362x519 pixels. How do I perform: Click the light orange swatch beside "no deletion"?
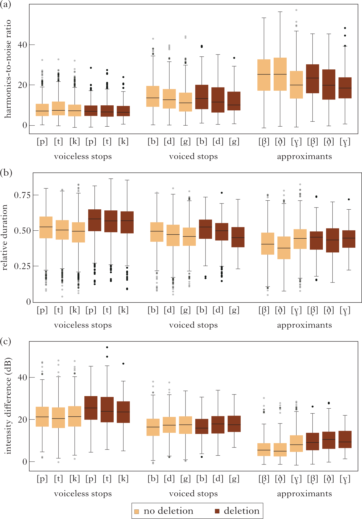(x=137, y=511)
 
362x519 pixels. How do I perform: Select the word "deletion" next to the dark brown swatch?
(x=241, y=511)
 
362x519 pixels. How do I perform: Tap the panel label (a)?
(x=6, y=5)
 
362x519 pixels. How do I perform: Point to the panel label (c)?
(x=6, y=341)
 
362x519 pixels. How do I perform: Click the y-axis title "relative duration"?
(x=5, y=238)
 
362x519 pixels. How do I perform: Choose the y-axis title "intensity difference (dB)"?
(x=8, y=406)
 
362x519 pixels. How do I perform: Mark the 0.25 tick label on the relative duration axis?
(x=22, y=266)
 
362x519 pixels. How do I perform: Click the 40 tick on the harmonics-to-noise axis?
(x=22, y=45)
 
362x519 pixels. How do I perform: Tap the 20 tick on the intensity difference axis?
(x=22, y=420)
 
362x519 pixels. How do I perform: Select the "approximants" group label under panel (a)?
(x=305, y=156)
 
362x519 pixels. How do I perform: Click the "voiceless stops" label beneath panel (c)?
(x=83, y=494)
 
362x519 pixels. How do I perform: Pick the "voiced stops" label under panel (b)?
(x=194, y=325)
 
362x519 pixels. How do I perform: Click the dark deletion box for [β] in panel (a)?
(x=312, y=79)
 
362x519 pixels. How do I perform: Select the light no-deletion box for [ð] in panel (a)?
(x=280, y=74)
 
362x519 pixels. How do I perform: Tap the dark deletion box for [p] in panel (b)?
(x=94, y=220)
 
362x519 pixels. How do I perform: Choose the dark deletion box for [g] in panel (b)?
(x=238, y=237)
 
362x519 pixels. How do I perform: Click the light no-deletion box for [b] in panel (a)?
(x=153, y=96)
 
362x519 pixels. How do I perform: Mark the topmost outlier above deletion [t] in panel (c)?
(x=107, y=347)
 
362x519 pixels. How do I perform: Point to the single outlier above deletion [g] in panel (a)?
(x=234, y=58)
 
